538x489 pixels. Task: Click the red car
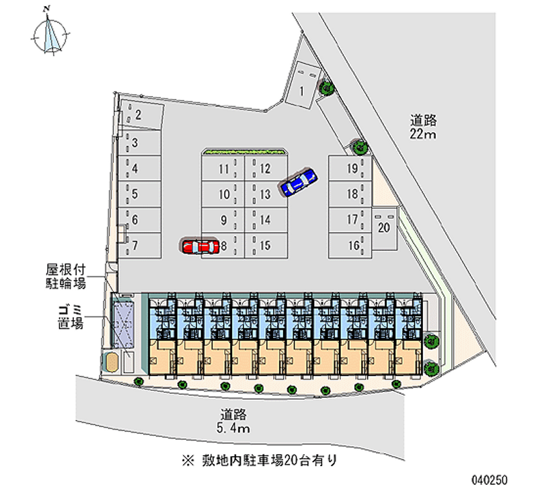click(x=199, y=247)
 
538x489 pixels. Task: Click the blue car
click(x=299, y=181)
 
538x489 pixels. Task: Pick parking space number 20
click(x=384, y=228)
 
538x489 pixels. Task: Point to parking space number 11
click(x=224, y=170)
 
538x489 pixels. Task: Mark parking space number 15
click(x=266, y=246)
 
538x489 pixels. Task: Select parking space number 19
click(x=351, y=170)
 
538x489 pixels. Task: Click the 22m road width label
click(x=424, y=128)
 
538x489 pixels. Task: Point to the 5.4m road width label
click(x=234, y=421)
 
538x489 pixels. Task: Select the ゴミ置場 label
click(x=70, y=317)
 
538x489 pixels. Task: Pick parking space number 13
click(x=266, y=195)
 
